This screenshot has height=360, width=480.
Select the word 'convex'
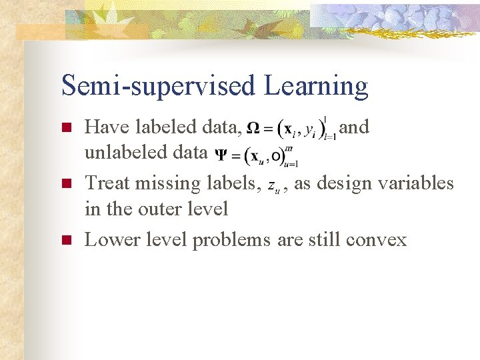(376, 240)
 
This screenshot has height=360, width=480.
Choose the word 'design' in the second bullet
(351, 183)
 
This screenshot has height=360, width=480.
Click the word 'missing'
(170, 183)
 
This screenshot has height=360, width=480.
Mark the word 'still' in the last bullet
(324, 240)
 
